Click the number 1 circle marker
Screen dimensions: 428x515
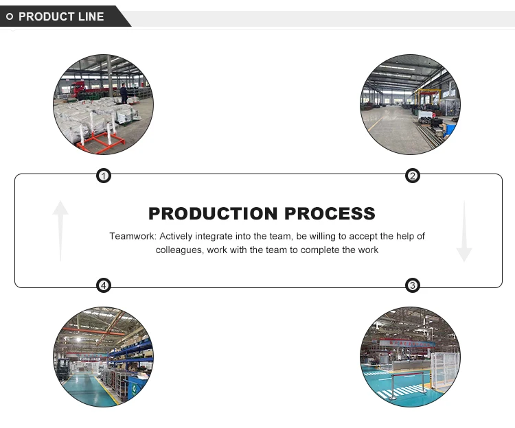pos(103,176)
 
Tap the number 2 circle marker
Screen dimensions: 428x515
pos(413,176)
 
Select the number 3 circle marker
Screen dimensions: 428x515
pos(412,285)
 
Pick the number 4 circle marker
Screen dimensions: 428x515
pos(103,285)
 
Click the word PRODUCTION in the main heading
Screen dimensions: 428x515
pos(214,213)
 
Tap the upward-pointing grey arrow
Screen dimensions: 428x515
pos(60,230)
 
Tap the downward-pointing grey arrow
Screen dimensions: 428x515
pos(464,230)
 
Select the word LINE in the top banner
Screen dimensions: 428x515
pos(90,16)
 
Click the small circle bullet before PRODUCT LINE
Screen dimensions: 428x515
pos(10,16)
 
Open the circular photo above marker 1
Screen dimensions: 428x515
pos(104,104)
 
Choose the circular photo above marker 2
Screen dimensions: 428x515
pos(411,104)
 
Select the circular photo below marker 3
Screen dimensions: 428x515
pos(411,357)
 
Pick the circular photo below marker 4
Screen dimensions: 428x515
pos(104,357)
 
